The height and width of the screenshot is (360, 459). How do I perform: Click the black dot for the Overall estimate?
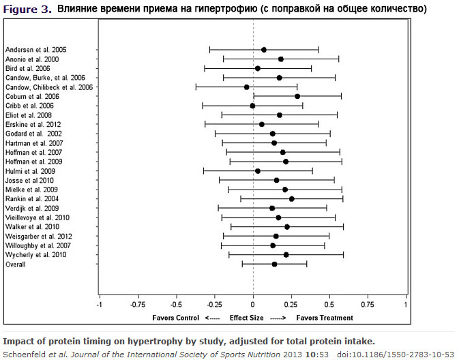click(x=274, y=264)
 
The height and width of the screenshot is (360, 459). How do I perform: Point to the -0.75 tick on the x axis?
click(x=138, y=304)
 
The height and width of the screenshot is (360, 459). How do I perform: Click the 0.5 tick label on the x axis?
click(x=329, y=304)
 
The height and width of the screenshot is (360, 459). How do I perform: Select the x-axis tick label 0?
click(x=253, y=304)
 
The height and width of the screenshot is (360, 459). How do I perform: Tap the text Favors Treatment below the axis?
click(x=325, y=318)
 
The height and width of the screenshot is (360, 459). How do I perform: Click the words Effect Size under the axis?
click(x=246, y=318)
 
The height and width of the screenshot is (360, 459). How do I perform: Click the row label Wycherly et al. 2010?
click(x=36, y=254)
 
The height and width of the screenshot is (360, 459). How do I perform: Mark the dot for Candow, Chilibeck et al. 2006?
click(x=246, y=87)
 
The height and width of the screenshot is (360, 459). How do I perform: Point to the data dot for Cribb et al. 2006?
click(x=252, y=106)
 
